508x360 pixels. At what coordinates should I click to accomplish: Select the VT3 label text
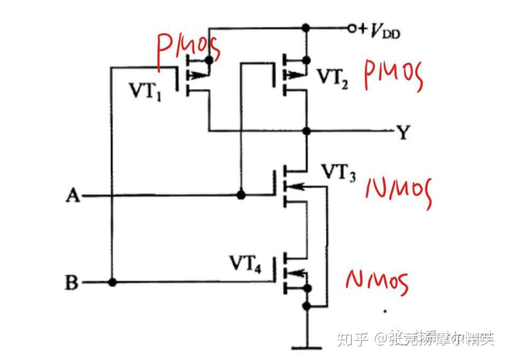click(339, 172)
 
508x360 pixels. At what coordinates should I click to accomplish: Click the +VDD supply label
click(379, 31)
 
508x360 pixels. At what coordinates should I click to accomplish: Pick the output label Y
click(403, 132)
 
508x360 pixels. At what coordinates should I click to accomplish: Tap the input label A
click(72, 196)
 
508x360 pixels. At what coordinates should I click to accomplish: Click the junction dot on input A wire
click(241, 195)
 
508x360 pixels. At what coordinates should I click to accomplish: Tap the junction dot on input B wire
click(112, 282)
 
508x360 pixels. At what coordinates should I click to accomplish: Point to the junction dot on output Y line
click(306, 130)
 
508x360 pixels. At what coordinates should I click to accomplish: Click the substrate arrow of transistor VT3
click(296, 186)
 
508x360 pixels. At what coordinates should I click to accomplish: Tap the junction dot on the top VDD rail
click(306, 28)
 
